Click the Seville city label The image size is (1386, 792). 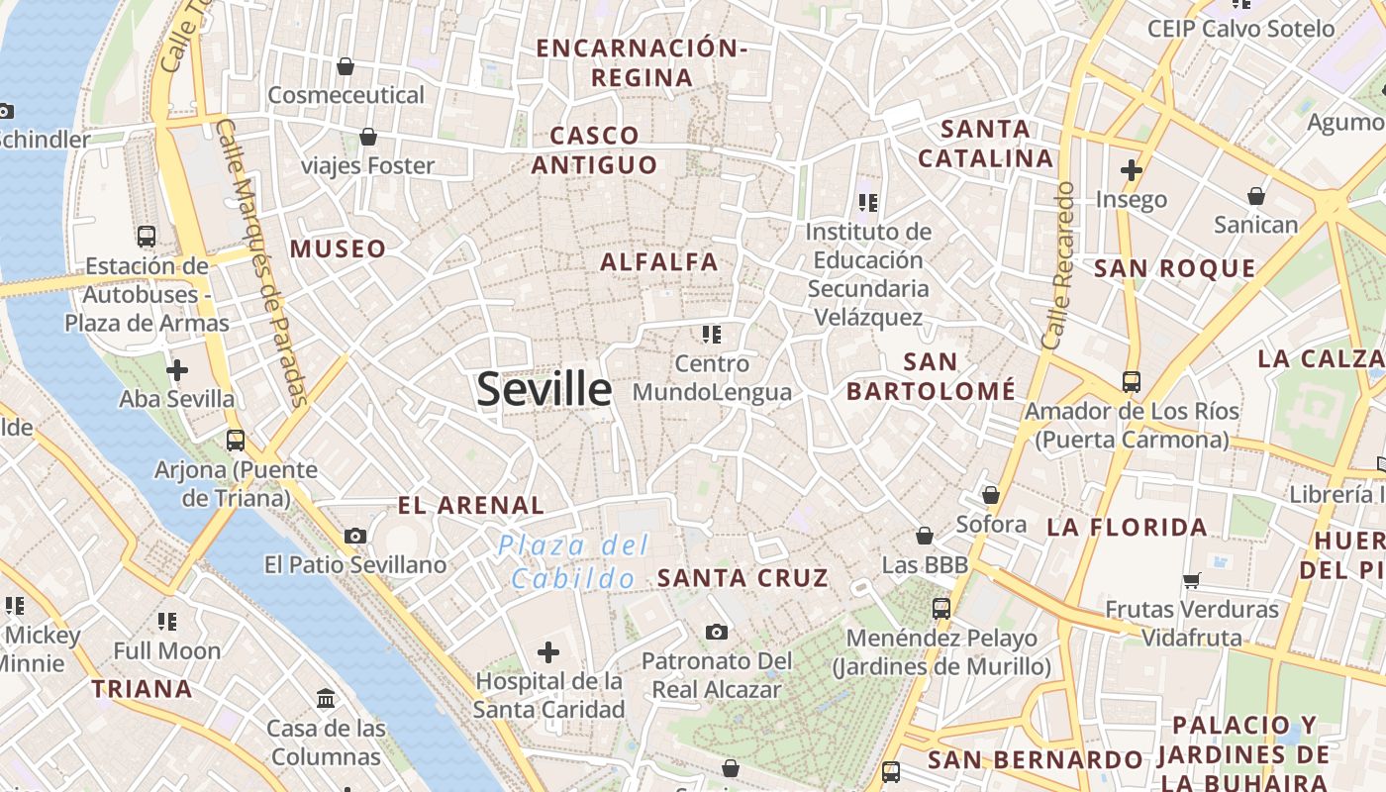coord(544,389)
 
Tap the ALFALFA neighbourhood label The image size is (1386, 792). coord(659,262)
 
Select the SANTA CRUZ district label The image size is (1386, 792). coord(742,578)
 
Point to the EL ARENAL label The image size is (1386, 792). coord(471,506)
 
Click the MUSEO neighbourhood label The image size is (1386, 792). coord(338,249)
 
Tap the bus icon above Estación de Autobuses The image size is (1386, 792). coord(147,237)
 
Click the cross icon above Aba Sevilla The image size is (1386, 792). coord(177,370)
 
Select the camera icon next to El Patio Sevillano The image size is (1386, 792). coord(355,536)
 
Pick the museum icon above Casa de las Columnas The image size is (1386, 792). coord(326,699)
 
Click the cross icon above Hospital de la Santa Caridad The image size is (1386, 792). coord(548,651)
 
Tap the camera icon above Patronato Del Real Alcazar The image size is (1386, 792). coord(717,632)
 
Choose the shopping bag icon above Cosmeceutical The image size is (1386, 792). coord(346,66)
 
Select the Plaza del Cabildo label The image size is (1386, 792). coord(574,561)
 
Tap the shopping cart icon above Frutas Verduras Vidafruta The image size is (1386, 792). coord(1192,580)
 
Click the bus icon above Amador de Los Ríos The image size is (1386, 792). coord(1131,381)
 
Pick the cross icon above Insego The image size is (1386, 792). coord(1132,170)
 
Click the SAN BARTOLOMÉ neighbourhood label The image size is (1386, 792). coord(931,377)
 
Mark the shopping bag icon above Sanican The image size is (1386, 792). coord(1256,196)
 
